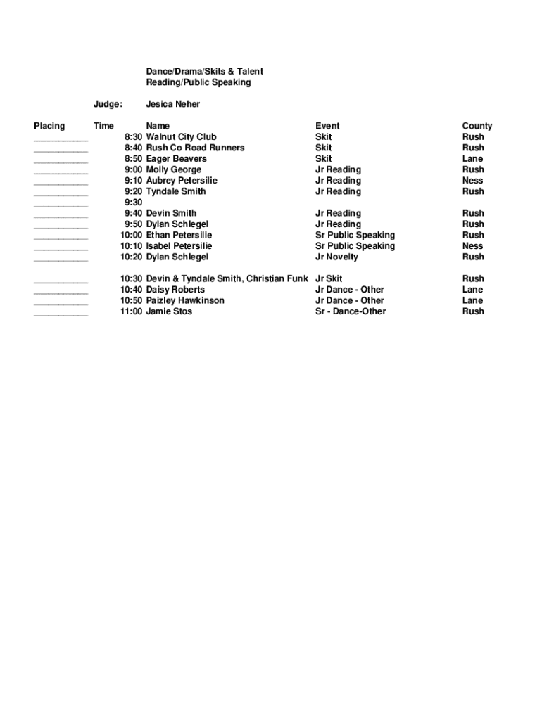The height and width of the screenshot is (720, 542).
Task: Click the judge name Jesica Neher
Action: click(172, 104)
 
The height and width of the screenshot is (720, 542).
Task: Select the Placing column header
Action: click(49, 126)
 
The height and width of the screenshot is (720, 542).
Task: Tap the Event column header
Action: click(327, 126)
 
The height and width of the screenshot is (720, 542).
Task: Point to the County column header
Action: click(477, 126)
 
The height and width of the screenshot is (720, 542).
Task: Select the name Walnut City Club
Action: click(181, 137)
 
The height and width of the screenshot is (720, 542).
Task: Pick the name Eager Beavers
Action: click(176, 159)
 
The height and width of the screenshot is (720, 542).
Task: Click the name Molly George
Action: click(173, 169)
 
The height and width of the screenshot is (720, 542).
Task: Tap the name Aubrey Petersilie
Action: click(182, 181)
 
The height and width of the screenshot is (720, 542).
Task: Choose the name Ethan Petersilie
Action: click(179, 235)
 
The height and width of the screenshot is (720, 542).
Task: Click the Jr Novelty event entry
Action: click(336, 257)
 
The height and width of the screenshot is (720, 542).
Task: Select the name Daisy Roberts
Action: click(175, 290)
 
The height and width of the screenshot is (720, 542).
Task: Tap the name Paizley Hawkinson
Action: click(185, 300)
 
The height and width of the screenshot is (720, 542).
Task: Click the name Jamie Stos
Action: click(169, 311)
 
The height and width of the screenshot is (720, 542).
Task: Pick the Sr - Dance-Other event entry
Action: click(351, 311)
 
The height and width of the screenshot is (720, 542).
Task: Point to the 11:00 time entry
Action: click(131, 311)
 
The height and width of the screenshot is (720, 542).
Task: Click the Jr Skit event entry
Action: click(329, 278)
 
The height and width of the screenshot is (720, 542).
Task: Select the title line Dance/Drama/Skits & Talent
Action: click(204, 72)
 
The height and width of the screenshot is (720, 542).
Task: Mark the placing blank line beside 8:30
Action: click(61, 140)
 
